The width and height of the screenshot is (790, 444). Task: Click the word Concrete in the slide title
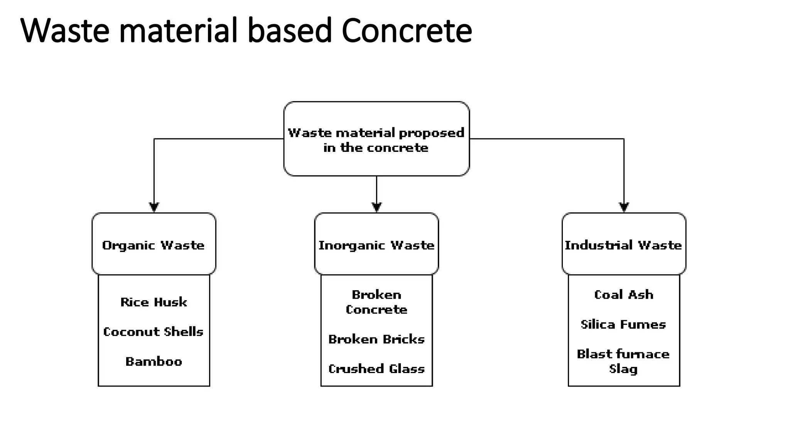tap(407, 31)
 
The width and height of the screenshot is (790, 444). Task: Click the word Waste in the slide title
tap(65, 31)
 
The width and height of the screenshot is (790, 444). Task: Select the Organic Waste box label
tap(154, 246)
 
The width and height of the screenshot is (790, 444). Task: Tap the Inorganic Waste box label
tap(376, 246)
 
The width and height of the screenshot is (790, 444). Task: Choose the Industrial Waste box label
tap(623, 246)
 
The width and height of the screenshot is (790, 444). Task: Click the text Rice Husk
tap(154, 302)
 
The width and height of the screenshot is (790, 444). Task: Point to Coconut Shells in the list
tap(154, 332)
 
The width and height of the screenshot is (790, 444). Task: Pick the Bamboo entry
tap(154, 362)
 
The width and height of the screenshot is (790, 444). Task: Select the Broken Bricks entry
tap(376, 339)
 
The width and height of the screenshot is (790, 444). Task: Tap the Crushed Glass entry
tap(376, 369)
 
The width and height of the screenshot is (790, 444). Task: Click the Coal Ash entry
tap(624, 295)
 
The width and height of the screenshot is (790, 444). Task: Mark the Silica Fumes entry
tap(623, 325)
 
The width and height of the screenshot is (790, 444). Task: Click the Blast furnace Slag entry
tap(623, 361)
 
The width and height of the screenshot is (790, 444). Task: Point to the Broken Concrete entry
tap(376, 302)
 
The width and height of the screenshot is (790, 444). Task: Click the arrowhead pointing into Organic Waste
tap(154, 207)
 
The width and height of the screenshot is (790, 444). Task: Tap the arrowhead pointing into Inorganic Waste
tap(376, 207)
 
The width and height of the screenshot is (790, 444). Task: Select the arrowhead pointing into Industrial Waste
tap(624, 207)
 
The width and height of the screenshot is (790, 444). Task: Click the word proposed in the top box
tap(431, 133)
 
